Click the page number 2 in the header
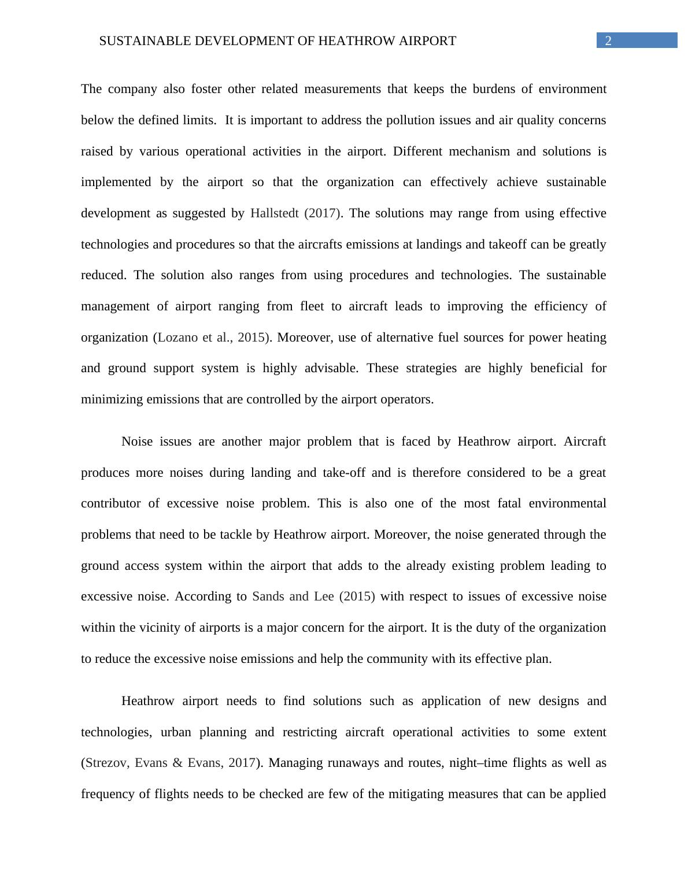608,40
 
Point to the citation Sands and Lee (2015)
313,596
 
